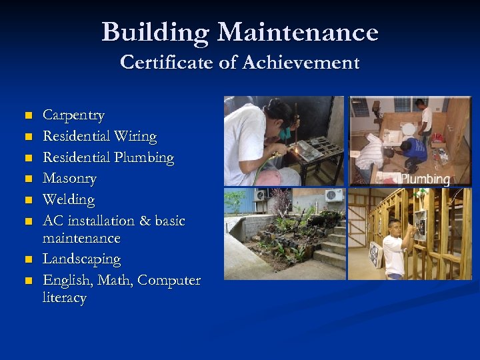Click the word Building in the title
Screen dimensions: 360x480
tap(156, 32)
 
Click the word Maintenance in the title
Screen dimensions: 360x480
tap(298, 32)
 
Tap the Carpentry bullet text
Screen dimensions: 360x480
tap(73, 115)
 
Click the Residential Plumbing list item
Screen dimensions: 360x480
tap(108, 158)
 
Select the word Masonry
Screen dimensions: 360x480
tap(69, 179)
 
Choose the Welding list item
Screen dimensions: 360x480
tap(69, 199)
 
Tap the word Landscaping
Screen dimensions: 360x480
tap(81, 259)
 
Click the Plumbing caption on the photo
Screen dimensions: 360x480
tap(425, 179)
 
